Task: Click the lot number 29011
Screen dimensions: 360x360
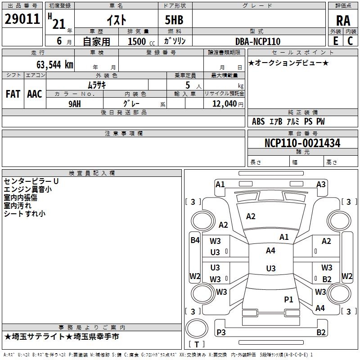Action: click(x=22, y=19)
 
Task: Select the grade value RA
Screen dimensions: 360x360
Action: click(x=343, y=21)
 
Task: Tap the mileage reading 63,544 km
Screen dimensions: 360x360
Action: click(x=55, y=65)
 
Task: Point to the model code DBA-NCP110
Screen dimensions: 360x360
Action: click(x=258, y=41)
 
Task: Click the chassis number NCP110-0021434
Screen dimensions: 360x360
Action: click(x=302, y=143)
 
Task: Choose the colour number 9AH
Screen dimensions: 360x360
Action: click(x=75, y=104)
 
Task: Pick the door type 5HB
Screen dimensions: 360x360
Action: click(x=174, y=20)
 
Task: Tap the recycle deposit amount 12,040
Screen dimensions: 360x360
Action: click(x=225, y=103)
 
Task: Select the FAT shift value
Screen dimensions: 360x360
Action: click(x=13, y=94)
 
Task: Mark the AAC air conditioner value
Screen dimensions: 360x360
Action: click(x=35, y=94)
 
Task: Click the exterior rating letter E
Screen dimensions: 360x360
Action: click(x=335, y=41)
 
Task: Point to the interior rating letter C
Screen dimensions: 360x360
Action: click(x=350, y=41)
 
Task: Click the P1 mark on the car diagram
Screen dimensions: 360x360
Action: click(x=288, y=299)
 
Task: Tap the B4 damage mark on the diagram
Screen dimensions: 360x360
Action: click(x=195, y=240)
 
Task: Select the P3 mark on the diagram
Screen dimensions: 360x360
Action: click(x=221, y=332)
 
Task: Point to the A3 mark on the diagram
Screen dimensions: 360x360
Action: click(x=321, y=184)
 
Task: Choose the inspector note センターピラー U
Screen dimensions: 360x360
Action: click(x=31, y=181)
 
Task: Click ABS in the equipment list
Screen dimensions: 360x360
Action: click(x=258, y=121)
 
